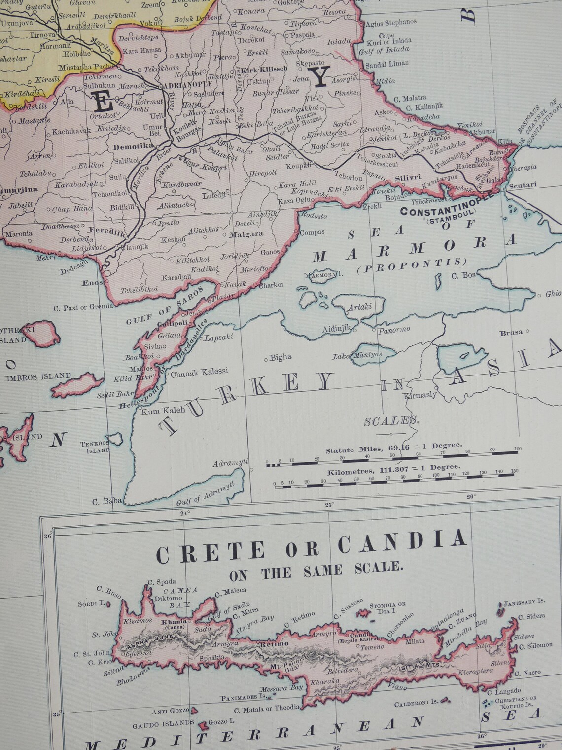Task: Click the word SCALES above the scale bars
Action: tap(391, 421)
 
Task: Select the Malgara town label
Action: tap(247, 234)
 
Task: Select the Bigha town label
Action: tap(281, 357)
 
